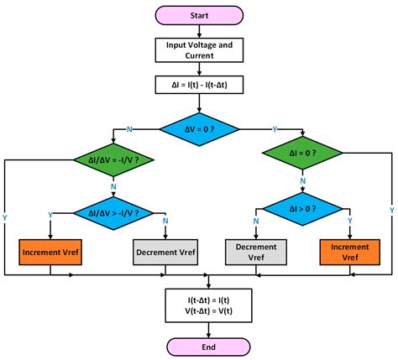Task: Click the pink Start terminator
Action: (199, 14)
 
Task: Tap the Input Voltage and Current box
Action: (199, 51)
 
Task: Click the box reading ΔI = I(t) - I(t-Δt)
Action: (199, 85)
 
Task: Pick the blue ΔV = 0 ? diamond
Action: (199, 129)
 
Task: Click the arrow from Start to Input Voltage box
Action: (199, 31)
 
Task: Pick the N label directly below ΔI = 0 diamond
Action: (304, 179)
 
